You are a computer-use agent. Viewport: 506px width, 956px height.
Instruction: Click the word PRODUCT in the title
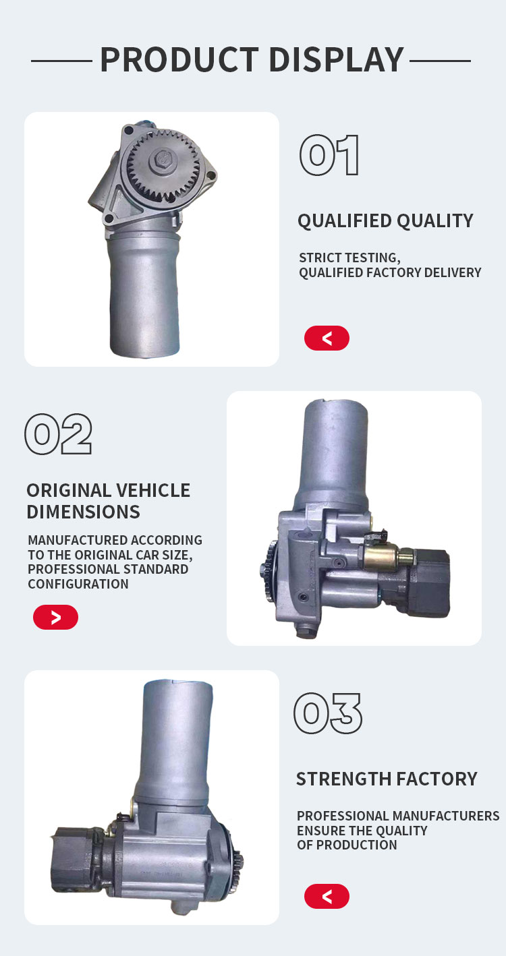click(x=179, y=60)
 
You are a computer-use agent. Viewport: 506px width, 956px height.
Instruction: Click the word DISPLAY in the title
click(x=337, y=60)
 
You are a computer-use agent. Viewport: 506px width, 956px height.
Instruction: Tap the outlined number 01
click(x=329, y=155)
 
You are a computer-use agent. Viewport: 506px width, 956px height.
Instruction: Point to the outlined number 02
click(x=59, y=434)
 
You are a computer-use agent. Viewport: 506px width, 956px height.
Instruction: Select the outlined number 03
click(x=328, y=713)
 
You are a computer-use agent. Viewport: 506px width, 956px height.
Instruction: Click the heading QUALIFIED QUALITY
click(x=385, y=221)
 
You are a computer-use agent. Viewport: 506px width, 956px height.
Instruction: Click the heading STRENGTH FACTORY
click(x=387, y=779)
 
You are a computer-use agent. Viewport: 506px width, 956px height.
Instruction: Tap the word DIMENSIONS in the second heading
click(x=83, y=512)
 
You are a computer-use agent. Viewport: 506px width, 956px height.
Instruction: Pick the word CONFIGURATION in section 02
click(x=78, y=584)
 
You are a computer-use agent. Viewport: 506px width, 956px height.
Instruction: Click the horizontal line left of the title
click(x=61, y=61)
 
